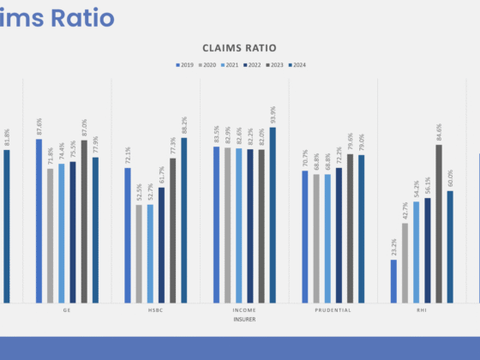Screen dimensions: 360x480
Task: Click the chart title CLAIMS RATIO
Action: (239, 49)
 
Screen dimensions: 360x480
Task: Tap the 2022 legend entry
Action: (255, 64)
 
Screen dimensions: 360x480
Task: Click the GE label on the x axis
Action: (67, 309)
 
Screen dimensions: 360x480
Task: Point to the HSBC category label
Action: (155, 309)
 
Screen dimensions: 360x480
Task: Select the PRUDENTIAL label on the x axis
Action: (333, 309)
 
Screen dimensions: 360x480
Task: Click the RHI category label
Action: (421, 309)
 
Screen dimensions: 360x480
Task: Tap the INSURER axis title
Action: (244, 318)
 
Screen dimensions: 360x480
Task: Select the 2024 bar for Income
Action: (273, 214)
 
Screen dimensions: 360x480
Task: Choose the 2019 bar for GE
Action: (39, 220)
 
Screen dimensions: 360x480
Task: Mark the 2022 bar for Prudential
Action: (339, 235)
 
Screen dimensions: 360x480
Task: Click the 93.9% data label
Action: (273, 115)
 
